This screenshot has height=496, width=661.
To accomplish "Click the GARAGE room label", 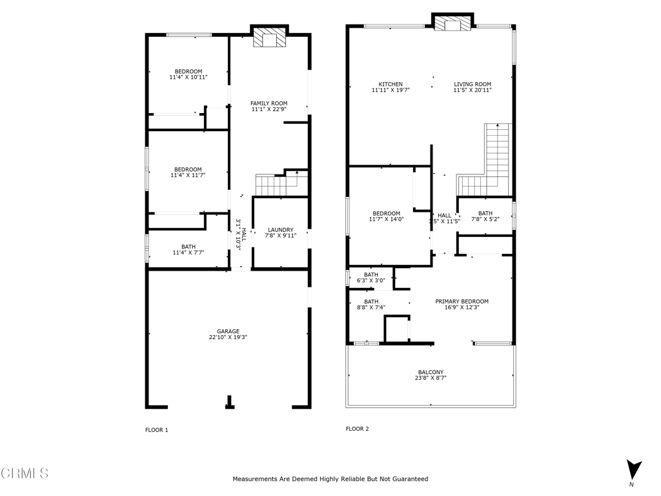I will pyautogui.click(x=228, y=331).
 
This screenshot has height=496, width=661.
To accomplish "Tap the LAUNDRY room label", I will pyautogui.click(x=281, y=230).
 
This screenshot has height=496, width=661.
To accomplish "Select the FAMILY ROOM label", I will pyautogui.click(x=269, y=103).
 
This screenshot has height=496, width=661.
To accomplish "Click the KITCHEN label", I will pyautogui.click(x=391, y=84).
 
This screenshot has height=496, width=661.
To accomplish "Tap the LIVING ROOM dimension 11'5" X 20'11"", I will pyautogui.click(x=473, y=90).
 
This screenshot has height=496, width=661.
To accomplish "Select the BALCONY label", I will pyautogui.click(x=431, y=372).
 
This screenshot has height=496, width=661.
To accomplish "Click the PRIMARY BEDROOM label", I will pyautogui.click(x=462, y=301).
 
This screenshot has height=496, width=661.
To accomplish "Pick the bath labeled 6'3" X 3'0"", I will pyautogui.click(x=371, y=278).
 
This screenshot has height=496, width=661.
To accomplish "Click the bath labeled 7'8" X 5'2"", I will pyautogui.click(x=485, y=216).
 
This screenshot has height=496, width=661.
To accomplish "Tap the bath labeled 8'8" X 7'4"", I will pyautogui.click(x=371, y=304).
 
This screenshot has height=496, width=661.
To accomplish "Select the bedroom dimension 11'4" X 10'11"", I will pyautogui.click(x=188, y=77).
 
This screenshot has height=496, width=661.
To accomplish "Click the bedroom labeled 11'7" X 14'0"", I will pyautogui.click(x=386, y=216).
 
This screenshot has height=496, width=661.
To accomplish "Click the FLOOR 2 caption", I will pyautogui.click(x=357, y=429).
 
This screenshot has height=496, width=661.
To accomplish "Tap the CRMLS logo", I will pyautogui.click(x=25, y=473).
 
